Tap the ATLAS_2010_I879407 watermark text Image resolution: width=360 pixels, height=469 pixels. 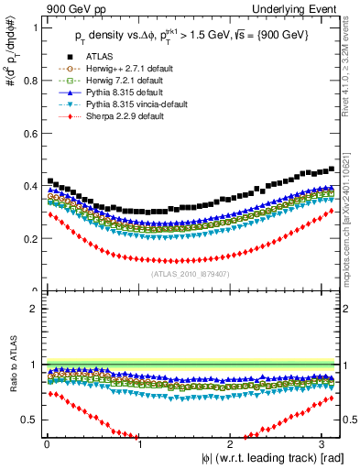tap(191, 271)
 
